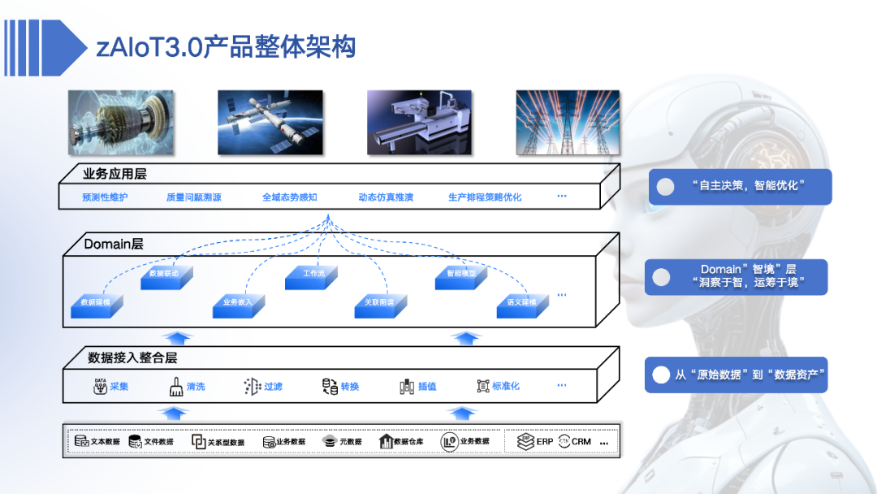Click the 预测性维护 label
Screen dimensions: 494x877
pos(105,197)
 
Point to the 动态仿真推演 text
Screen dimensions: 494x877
pos(386,197)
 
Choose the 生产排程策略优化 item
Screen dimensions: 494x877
pos(485,197)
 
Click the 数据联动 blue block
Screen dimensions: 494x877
pos(165,275)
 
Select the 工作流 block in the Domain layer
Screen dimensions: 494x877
pos(313,275)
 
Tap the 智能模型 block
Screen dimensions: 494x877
pos(461,275)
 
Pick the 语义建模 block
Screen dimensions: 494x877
pos(521,303)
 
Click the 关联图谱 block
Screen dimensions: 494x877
pos(378,303)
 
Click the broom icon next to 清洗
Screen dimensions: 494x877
pos(176,386)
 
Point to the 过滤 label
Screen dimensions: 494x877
pos(273,387)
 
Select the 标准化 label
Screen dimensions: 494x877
pos(505,387)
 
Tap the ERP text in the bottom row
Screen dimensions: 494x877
pos(545,441)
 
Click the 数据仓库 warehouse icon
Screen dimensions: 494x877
pos(386,441)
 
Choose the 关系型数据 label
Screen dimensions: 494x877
pos(226,442)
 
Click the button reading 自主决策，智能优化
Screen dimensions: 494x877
pos(740,186)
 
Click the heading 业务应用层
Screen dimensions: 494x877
pos(114,174)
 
